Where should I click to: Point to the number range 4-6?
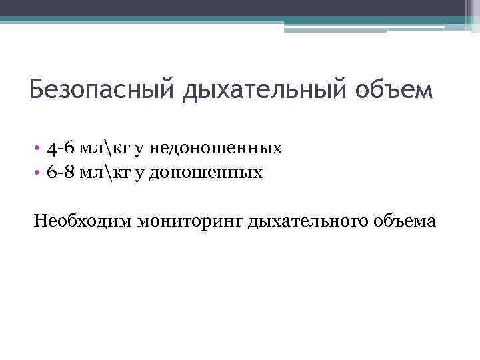click(61, 147)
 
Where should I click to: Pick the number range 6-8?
click(61, 172)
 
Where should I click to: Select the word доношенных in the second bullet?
click(206, 172)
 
